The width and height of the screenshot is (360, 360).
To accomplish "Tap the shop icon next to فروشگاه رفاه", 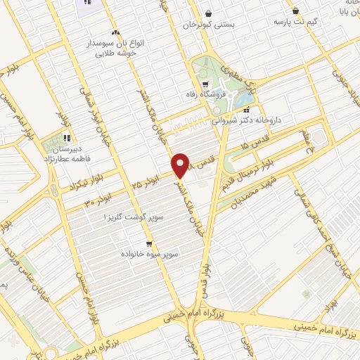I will (205, 84).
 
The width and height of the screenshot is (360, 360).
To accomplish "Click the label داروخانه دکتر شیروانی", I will (249, 120).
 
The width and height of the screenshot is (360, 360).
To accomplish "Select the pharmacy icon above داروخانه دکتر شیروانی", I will (245, 110).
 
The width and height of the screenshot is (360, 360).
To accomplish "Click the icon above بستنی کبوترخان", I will (208, 13).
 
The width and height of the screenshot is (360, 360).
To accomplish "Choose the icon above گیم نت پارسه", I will (295, 11).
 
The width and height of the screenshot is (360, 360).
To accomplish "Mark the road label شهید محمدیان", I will (264, 187).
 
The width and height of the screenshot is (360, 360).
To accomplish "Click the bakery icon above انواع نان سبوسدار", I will (115, 33).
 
